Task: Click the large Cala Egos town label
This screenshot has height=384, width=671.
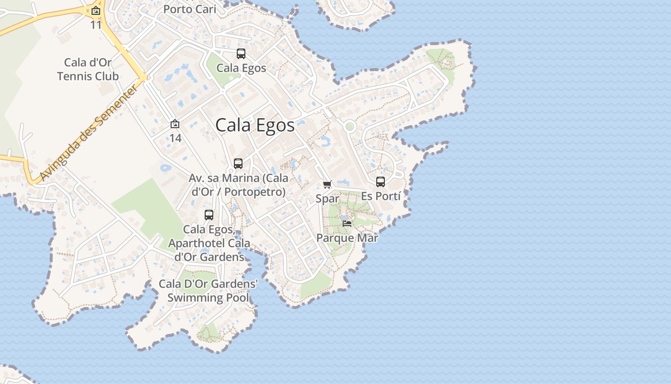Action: [255, 125]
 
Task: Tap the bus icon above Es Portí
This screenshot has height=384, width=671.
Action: [381, 182]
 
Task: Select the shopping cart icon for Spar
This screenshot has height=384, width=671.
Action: [327, 185]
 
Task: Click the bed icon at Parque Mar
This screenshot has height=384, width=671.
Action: [347, 224]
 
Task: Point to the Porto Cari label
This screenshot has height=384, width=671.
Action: [190, 9]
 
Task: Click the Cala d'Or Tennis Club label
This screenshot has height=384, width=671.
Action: [88, 69]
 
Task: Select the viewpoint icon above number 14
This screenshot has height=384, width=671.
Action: [175, 124]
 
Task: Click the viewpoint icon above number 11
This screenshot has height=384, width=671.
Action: [96, 11]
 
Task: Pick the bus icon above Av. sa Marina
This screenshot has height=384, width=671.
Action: [238, 164]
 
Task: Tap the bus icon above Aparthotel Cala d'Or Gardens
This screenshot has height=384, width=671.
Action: [209, 215]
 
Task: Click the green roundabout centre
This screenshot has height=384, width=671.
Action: [349, 127]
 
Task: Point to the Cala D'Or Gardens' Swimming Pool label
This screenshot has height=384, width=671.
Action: [208, 291]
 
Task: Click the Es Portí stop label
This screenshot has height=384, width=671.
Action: [381, 196]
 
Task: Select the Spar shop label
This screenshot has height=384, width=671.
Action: [327, 199]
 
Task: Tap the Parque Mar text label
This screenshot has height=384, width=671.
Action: [347, 238]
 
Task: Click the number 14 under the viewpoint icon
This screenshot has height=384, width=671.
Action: [175, 138]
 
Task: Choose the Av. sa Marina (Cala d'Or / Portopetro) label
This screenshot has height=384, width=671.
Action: [239, 185]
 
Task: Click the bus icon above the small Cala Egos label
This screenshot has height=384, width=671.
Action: [241, 54]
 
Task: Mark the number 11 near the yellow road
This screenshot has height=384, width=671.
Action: [96, 25]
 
